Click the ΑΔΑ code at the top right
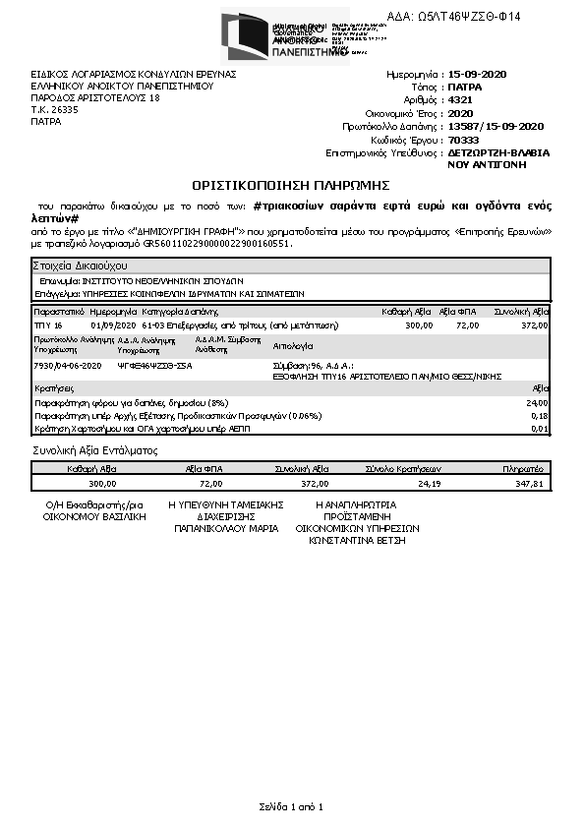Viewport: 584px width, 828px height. [x=467, y=17]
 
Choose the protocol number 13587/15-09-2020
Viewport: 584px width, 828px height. [x=495, y=127]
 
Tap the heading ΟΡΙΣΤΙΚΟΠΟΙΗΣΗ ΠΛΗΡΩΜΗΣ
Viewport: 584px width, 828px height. [x=291, y=184]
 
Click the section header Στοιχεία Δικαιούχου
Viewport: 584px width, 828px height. [x=79, y=266]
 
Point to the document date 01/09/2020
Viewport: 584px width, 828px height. [x=110, y=325]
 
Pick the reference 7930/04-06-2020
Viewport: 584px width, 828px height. [x=68, y=365]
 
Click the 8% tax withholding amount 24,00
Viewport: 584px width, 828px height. [x=538, y=403]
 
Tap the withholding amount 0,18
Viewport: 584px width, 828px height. [x=539, y=416]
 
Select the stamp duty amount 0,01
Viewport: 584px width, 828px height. [x=539, y=429]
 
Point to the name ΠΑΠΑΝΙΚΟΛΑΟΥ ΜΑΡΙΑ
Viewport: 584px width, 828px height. [x=226, y=528]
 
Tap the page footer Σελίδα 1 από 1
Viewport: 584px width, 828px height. [x=291, y=806]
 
